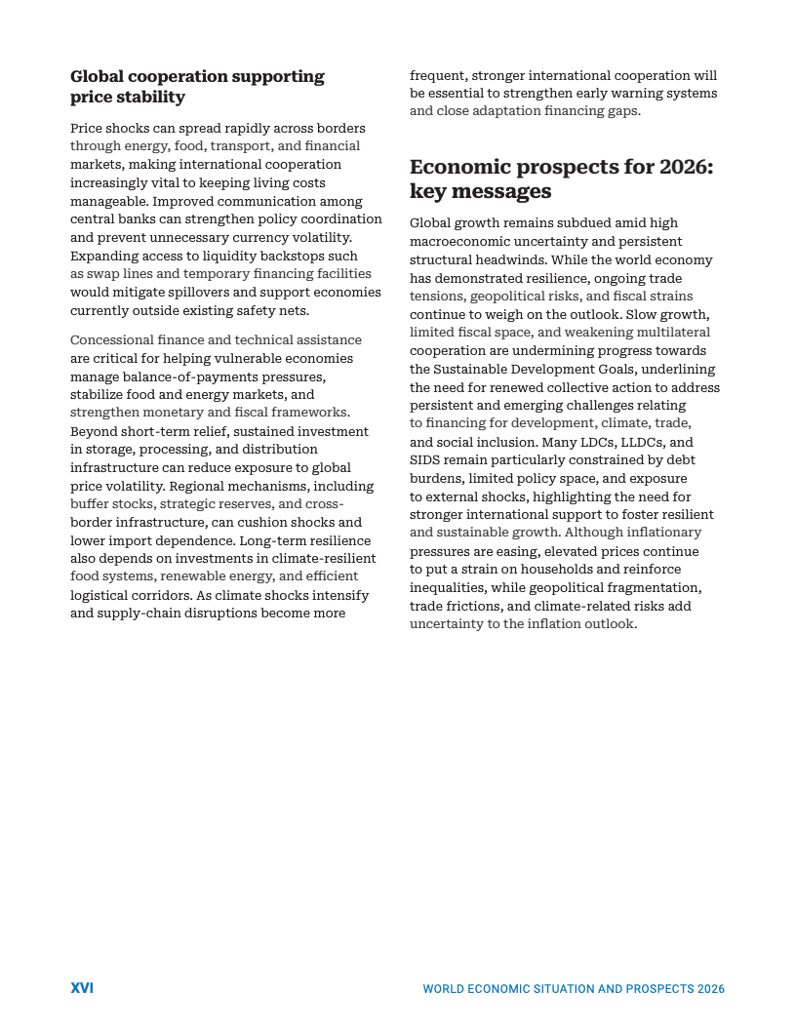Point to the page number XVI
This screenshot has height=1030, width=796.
point(82,988)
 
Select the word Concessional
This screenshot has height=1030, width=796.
point(110,339)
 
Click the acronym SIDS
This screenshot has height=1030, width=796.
point(426,459)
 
